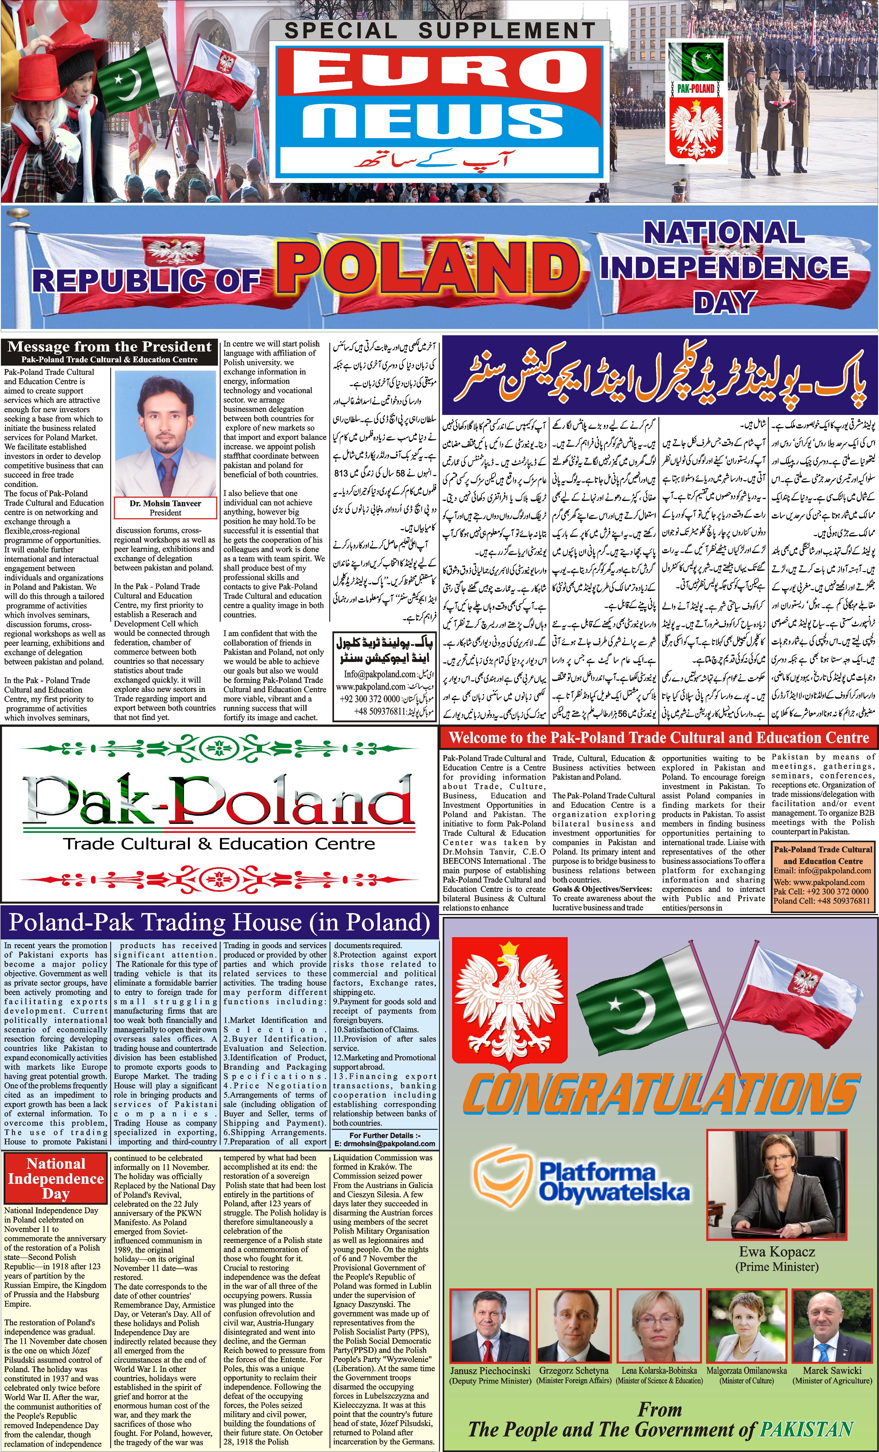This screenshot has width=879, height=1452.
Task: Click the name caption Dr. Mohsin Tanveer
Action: (x=166, y=503)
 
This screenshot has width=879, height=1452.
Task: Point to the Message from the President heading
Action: (x=110, y=347)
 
